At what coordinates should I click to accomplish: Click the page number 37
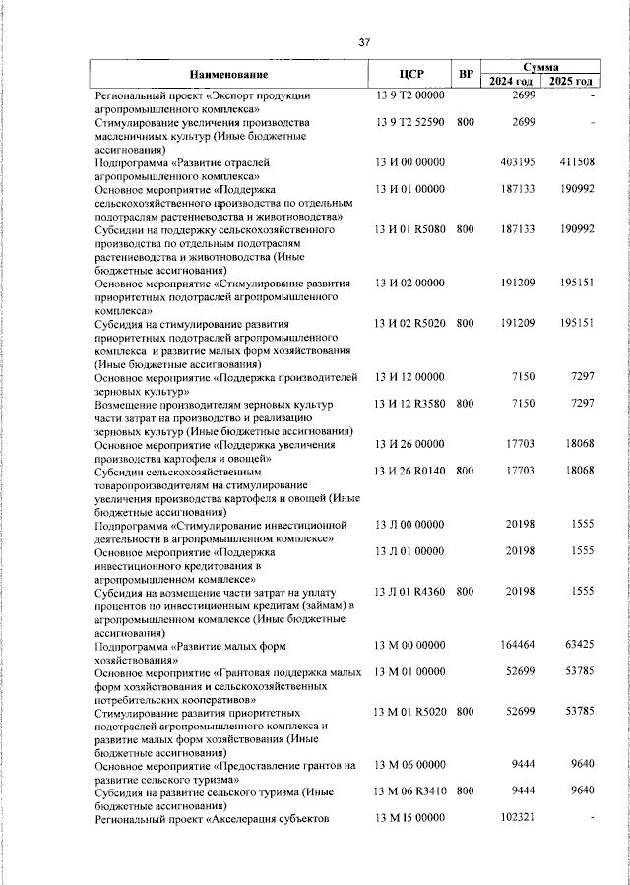[363, 42]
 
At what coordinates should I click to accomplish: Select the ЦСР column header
[410, 75]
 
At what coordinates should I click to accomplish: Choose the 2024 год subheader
[512, 81]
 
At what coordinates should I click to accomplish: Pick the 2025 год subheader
[571, 81]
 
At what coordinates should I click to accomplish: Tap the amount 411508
[575, 160]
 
